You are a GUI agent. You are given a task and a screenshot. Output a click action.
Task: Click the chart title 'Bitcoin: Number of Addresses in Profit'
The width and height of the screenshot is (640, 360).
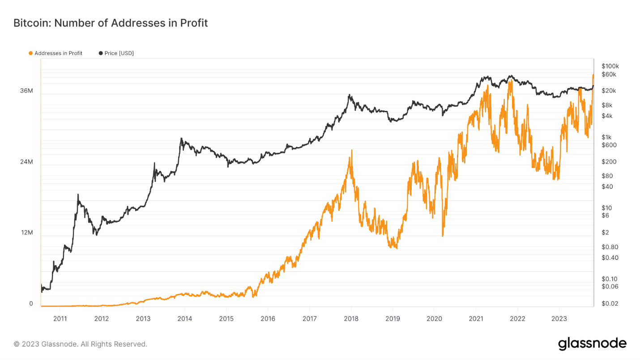pyautogui.click(x=111, y=23)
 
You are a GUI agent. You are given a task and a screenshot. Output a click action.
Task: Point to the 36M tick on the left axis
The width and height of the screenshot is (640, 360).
pyautogui.click(x=26, y=91)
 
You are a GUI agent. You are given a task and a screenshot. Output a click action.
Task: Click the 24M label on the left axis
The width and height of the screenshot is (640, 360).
pyautogui.click(x=26, y=162)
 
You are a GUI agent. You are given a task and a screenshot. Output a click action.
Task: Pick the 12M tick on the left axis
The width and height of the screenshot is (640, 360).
pyautogui.click(x=26, y=233)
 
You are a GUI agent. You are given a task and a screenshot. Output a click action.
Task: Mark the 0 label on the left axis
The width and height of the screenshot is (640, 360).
pyautogui.click(x=31, y=304)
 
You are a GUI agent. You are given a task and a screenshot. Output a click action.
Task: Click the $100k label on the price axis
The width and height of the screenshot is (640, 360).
pyautogui.click(x=610, y=66)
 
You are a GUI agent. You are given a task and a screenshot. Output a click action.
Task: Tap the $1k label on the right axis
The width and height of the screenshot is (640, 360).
pyautogui.click(x=606, y=137)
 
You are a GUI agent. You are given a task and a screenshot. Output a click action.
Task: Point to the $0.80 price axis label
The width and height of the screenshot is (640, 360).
pyautogui.click(x=610, y=247)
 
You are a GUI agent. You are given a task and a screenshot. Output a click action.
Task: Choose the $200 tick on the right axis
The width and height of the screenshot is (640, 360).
pyautogui.click(x=608, y=162)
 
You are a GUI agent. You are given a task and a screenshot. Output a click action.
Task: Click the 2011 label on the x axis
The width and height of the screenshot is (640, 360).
pyautogui.click(x=60, y=319)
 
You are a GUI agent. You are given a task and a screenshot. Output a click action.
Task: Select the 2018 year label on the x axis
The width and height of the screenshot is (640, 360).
pyautogui.click(x=351, y=319)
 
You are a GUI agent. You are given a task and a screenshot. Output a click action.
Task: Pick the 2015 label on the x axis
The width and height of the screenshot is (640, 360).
pyautogui.click(x=226, y=319)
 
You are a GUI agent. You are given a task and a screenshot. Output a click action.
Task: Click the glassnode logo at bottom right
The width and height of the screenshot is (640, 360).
pyautogui.click(x=592, y=343)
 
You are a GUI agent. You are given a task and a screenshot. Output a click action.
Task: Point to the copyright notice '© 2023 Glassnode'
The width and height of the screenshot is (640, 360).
pyautogui.click(x=80, y=344)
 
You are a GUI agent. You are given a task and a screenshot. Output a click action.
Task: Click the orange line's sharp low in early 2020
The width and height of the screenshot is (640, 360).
pyautogui.click(x=443, y=236)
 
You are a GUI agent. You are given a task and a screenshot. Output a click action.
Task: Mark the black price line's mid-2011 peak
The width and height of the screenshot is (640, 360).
pyautogui.click(x=78, y=195)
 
